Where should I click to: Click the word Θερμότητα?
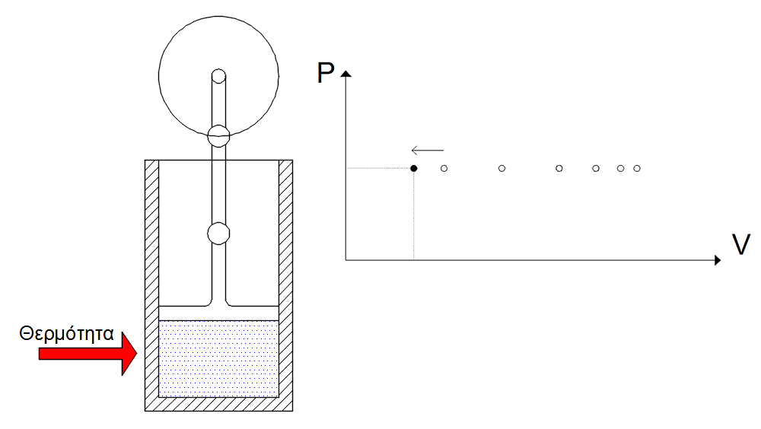point(67,332)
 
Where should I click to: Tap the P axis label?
point(326,74)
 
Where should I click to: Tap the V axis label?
point(740,244)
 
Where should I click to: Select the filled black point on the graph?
point(413,167)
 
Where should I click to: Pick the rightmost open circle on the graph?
point(637,167)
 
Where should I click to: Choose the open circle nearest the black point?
point(444,167)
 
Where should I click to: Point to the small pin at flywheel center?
point(218,75)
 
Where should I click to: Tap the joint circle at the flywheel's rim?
point(218,135)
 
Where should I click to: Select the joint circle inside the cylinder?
point(218,234)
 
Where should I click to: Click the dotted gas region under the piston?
point(218,357)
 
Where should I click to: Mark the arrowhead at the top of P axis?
point(345,74)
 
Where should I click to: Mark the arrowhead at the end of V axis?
point(717,260)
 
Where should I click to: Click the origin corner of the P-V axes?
point(345,260)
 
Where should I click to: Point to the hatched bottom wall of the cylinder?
point(218,405)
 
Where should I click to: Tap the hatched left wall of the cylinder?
point(152,281)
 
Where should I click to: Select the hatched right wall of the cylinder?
point(285,281)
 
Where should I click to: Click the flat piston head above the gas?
point(218,312)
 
